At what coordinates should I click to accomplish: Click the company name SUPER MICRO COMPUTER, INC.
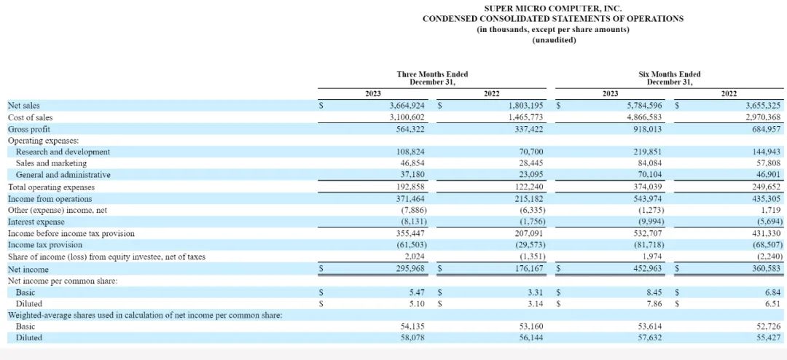coord(553,8)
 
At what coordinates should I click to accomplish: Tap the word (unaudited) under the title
coord(553,39)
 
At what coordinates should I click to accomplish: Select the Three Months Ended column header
coord(432,77)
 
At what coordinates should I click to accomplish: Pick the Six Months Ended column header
coord(669,77)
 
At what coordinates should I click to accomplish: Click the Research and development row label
coord(63,152)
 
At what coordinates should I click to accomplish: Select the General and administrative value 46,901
coord(768,176)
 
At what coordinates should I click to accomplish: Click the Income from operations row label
coord(50,199)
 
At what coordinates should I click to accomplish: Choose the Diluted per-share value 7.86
coord(654,304)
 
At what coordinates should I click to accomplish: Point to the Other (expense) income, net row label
coord(58,211)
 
